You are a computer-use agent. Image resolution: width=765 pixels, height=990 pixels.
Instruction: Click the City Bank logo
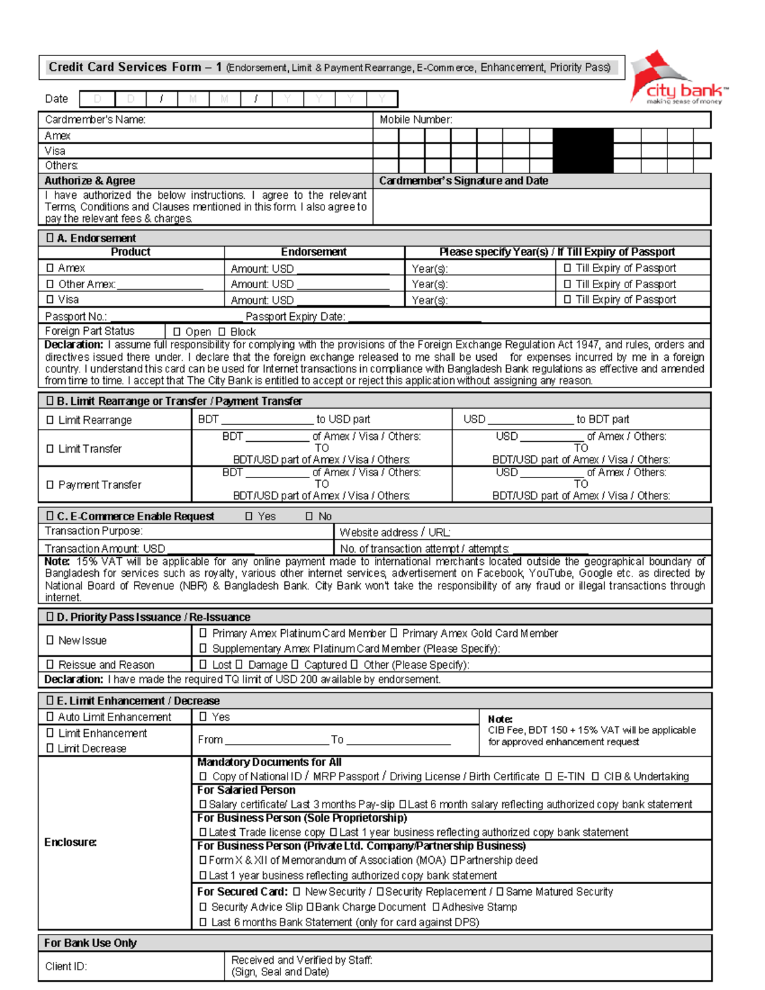(679, 80)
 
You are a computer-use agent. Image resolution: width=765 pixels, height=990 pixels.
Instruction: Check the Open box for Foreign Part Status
(177, 331)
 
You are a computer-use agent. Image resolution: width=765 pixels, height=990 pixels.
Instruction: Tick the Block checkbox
(222, 331)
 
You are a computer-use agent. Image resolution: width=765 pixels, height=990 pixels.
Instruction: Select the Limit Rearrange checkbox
(50, 419)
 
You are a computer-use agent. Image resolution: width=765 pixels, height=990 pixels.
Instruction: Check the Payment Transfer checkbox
(50, 484)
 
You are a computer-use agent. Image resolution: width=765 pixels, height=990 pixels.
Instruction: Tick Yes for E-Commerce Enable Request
(249, 516)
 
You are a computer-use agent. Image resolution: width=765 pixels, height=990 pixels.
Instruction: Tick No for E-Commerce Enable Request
(309, 516)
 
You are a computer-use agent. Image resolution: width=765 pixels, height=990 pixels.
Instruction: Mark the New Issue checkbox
(50, 640)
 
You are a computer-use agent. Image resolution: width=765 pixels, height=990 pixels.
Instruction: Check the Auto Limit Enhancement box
(50, 717)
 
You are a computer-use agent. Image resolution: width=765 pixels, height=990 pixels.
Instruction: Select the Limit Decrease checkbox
(50, 748)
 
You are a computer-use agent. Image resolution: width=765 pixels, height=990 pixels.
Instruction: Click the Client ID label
(66, 966)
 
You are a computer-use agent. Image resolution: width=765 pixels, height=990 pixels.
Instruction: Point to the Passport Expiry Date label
(295, 316)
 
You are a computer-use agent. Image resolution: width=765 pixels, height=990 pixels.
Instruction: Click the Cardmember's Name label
(95, 119)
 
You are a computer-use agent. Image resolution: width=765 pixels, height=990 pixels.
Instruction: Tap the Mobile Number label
(416, 119)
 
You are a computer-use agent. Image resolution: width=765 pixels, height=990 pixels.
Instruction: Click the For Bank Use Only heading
(91, 943)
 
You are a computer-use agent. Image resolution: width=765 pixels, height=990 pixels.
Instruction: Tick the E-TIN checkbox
(548, 776)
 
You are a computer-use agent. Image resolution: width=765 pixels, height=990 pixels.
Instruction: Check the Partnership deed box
(455, 860)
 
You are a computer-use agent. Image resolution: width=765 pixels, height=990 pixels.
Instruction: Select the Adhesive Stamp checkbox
(436, 906)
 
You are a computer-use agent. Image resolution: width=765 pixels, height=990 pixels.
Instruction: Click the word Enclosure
(70, 842)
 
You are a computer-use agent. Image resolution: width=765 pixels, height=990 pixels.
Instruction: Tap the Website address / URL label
(395, 532)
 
